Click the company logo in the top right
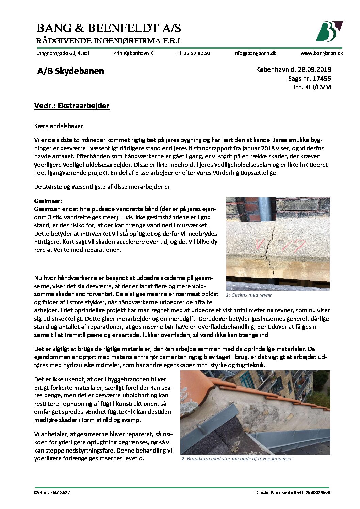[329, 31]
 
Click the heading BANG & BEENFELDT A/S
[109, 28]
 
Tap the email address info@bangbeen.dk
[255, 53]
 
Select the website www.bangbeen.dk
[322, 53]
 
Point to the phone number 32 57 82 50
[197, 53]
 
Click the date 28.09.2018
[314, 69]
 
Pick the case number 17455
[322, 78]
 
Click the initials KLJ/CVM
[317, 87]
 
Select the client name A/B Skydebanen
[71, 71]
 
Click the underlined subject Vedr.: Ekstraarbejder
[72, 106]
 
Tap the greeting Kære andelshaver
[59, 126]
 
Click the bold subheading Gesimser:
[48, 201]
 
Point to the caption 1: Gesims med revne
[249, 295]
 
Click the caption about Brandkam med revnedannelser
[236, 459]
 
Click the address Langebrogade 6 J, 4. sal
[63, 53]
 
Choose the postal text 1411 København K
[132, 53]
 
